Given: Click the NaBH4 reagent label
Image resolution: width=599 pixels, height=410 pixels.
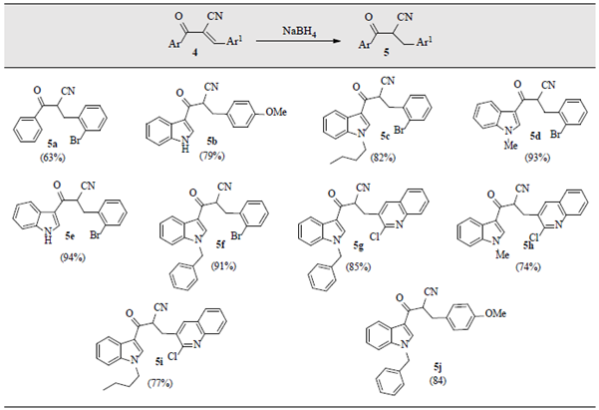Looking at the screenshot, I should (x=284, y=30).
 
